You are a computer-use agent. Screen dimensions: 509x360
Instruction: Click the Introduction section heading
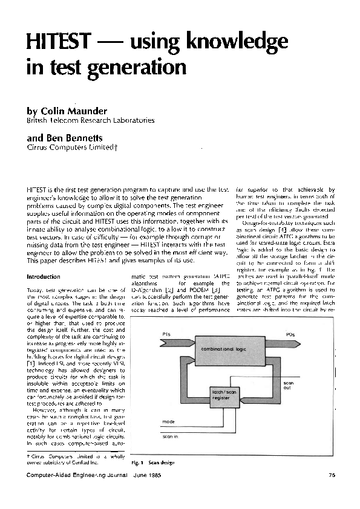tap(44, 277)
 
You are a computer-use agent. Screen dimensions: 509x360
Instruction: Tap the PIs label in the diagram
tap(166, 334)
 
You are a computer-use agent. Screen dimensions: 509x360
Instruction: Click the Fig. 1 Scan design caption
tap(152, 462)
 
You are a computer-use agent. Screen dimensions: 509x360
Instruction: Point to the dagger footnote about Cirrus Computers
tap(62, 460)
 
